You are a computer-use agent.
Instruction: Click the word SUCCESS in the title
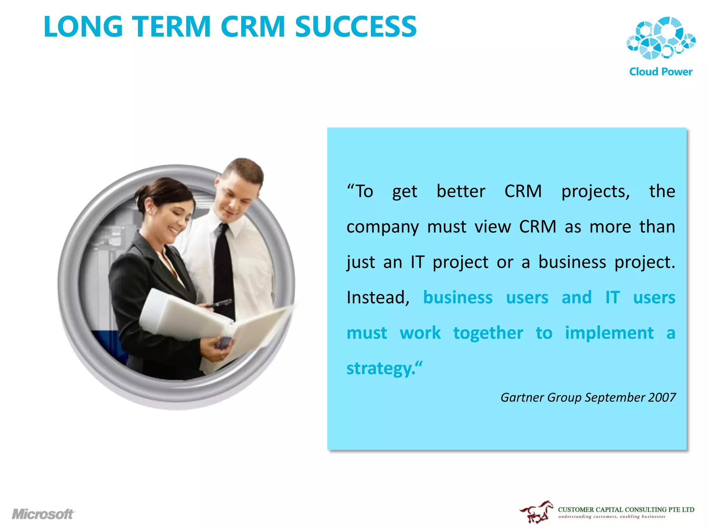coord(356,27)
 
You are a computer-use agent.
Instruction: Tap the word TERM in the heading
coord(171,27)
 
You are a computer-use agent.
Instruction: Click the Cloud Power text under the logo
coord(661,72)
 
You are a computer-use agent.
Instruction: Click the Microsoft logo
coord(43,514)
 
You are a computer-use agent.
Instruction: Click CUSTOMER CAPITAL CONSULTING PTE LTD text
coord(626,510)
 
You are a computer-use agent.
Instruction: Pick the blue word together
coord(488,333)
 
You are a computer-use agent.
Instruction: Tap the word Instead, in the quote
coord(378,297)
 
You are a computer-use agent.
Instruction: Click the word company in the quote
coord(382,227)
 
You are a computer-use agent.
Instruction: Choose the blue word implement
coord(609,333)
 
